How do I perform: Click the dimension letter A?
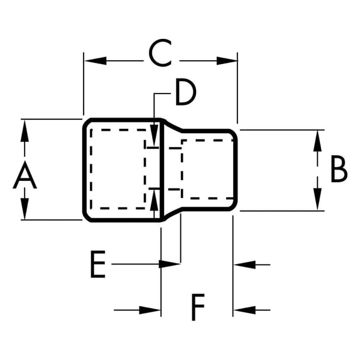[x=25, y=175]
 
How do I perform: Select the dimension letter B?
[x=339, y=169]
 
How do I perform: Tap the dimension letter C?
[x=160, y=53]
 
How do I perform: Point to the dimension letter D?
[x=186, y=92]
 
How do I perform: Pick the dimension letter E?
[x=98, y=264]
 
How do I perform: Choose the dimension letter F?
[x=198, y=307]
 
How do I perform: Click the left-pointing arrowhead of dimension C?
[x=95, y=61]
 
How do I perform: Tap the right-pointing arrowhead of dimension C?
[x=227, y=61]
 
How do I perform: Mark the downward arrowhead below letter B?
[x=317, y=199]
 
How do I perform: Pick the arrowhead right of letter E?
[x=170, y=265]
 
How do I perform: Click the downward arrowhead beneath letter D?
[x=154, y=135]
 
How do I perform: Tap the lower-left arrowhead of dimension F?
[x=150, y=310]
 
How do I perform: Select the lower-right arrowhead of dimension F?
[x=245, y=310]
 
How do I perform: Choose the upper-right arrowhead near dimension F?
[x=245, y=265]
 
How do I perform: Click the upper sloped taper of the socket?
[x=173, y=126]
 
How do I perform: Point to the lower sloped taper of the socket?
[x=173, y=214]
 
